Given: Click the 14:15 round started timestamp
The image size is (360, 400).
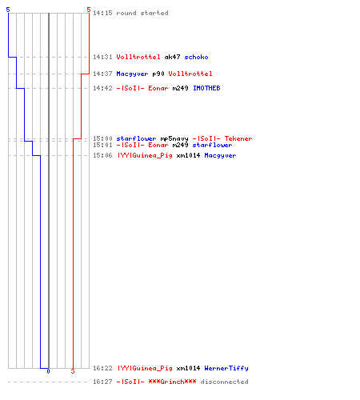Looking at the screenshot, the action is (102, 13).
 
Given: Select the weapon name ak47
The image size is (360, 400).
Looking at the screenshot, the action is (172, 57).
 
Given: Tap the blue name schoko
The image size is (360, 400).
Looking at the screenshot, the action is (196, 57).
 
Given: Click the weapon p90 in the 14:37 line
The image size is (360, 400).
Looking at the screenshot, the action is (158, 74).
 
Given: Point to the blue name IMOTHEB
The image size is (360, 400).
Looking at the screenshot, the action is (206, 88).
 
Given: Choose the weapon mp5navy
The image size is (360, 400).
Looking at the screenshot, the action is (174, 138).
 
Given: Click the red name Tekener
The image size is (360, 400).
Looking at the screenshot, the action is (238, 138).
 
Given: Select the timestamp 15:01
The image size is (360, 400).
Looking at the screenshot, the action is (102, 145).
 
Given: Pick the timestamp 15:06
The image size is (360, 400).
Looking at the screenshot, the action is (102, 155).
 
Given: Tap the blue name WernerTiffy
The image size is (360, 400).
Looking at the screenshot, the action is (226, 368).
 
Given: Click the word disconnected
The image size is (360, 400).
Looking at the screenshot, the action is (224, 382).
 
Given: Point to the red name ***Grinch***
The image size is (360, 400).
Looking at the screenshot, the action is (172, 382).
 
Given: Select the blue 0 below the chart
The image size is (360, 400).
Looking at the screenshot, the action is (48, 371).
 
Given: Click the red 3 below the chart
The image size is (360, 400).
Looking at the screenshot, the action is (73, 371).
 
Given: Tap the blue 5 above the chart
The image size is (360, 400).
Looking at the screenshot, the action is (8, 10).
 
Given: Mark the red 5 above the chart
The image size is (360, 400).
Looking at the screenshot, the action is (89, 10).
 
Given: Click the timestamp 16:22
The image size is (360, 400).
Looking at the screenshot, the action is (102, 368).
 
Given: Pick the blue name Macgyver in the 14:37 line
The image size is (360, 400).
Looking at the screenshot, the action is (132, 74).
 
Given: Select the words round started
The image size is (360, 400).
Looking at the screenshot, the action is (142, 13).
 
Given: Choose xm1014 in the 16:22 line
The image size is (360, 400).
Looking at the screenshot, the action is (188, 368).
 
